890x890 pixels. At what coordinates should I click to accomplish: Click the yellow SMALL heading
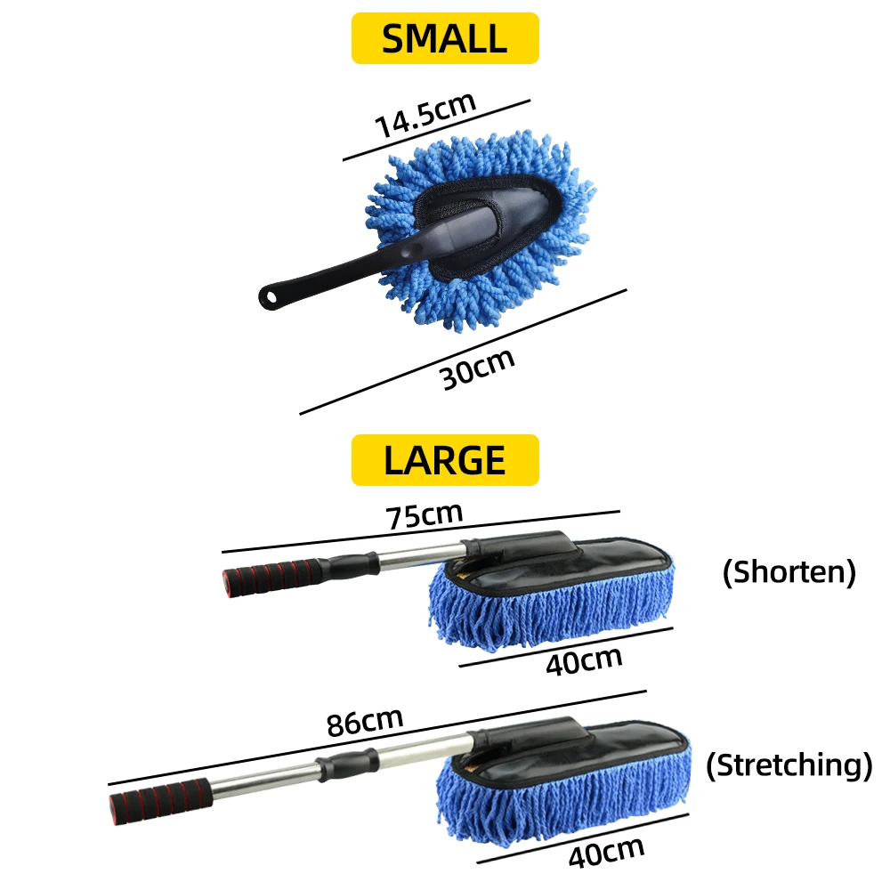(x=445, y=38)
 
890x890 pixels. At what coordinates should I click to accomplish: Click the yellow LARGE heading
(x=445, y=460)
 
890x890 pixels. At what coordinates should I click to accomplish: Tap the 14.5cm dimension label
(x=425, y=114)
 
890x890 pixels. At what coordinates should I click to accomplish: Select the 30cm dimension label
(x=478, y=367)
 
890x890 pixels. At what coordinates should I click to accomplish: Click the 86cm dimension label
(x=365, y=720)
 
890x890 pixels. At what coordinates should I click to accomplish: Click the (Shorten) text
(x=789, y=572)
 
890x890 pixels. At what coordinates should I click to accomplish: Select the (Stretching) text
(x=789, y=765)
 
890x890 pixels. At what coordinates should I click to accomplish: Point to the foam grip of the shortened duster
(x=267, y=577)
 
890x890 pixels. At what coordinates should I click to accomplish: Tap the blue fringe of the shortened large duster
(x=552, y=614)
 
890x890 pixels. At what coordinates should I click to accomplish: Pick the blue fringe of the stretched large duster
(x=570, y=801)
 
